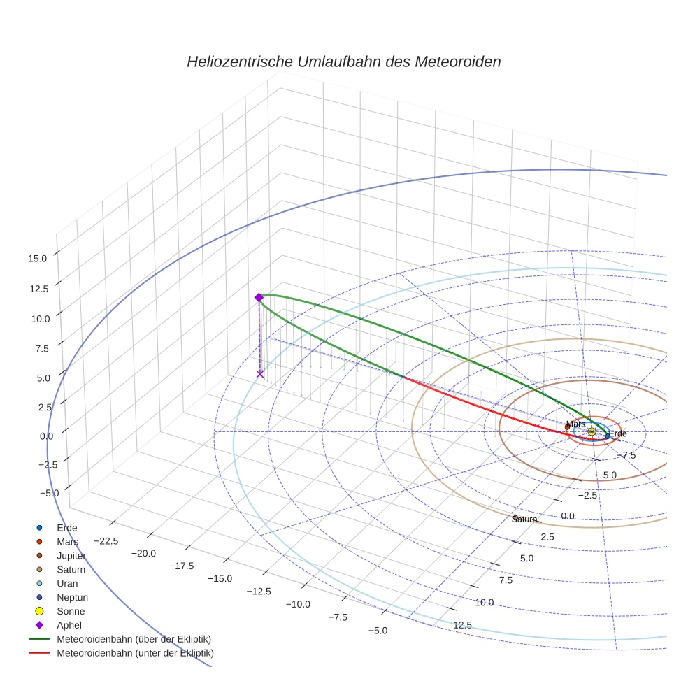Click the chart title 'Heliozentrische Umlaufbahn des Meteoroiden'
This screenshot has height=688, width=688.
[x=343, y=62]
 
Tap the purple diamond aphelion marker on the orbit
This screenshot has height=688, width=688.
[x=259, y=297]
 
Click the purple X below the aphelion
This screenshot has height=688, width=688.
[x=260, y=374]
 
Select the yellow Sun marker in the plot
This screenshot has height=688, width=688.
[x=592, y=431]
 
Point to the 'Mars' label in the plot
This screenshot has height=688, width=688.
[x=576, y=424]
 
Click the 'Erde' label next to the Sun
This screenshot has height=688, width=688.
[x=617, y=434]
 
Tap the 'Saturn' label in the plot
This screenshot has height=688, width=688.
[x=524, y=519]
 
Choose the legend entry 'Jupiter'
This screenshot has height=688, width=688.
[x=71, y=555]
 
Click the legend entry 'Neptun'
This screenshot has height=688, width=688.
[x=72, y=597]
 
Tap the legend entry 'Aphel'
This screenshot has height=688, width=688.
[x=69, y=625]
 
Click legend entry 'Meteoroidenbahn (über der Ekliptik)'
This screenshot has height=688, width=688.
[x=134, y=639]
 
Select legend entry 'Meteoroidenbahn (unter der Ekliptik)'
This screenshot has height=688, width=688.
[x=135, y=653]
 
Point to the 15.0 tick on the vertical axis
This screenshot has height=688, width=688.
[x=38, y=258]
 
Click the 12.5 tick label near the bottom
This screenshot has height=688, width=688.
[x=462, y=625]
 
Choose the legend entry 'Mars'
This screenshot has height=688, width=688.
[x=68, y=541]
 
